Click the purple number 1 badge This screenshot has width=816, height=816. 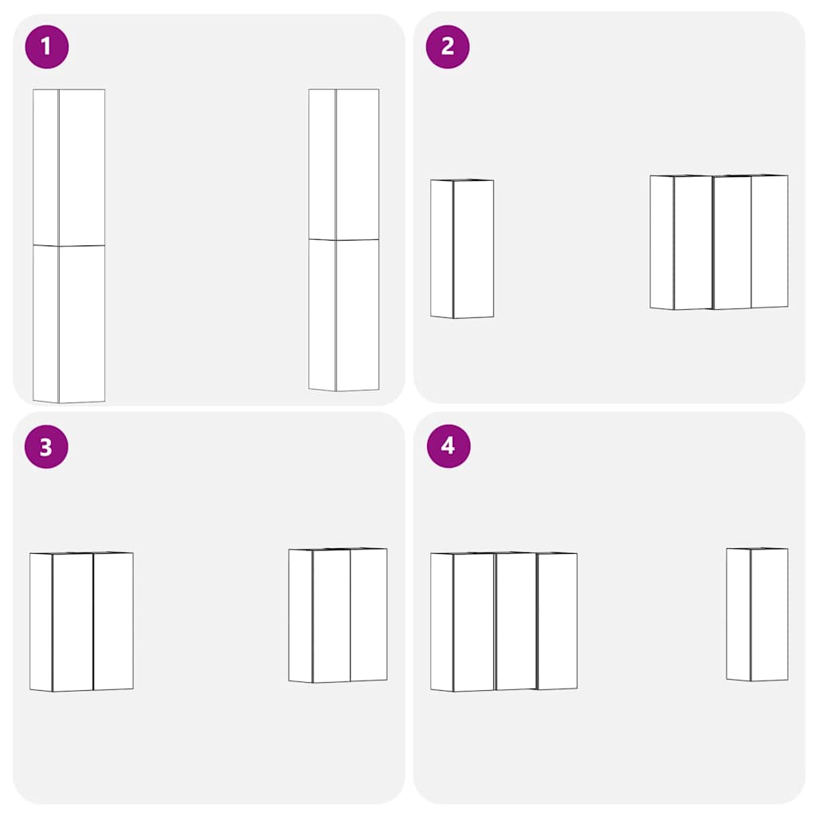coord(47,47)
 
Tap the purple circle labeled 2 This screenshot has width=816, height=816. coord(448,47)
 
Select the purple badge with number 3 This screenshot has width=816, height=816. coord(46,447)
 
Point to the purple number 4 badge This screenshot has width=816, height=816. coord(449,446)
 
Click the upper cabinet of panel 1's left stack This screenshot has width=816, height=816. coord(69,167)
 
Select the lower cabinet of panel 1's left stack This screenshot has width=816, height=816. coord(69,324)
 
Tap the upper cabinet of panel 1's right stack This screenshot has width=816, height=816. coord(344,164)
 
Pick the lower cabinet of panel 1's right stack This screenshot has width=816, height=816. coord(344,315)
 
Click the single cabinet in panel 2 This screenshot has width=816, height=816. coord(462,249)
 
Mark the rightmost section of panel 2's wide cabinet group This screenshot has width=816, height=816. coord(770,241)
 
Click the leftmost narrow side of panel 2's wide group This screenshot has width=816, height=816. coord(662,242)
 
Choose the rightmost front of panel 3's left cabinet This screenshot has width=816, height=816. coord(113,622)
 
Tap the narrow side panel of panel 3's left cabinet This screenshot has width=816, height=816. coord(41,622)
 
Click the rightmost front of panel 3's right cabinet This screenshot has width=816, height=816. coord(369,614)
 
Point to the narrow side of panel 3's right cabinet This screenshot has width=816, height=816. coord(300,616)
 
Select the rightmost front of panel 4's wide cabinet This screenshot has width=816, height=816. coord(557,622)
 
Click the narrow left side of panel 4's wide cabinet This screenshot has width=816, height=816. coord(441,622)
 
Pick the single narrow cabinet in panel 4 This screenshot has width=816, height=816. coord(757,614)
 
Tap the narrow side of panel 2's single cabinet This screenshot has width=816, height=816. coord(441,249)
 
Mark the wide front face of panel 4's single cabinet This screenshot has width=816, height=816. coord(770,614)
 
